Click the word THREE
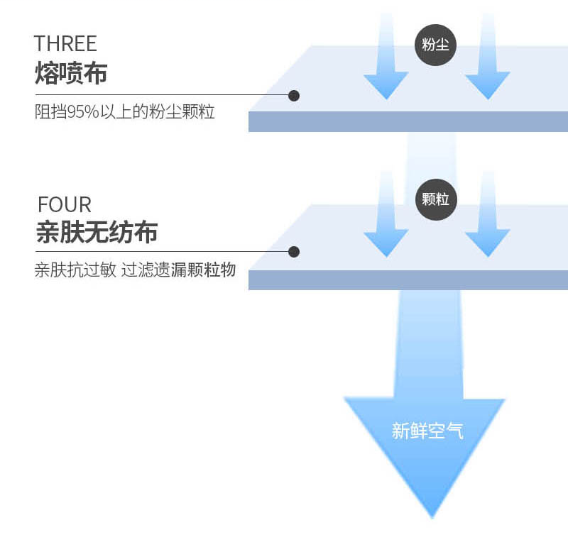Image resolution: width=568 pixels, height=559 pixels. [65, 43]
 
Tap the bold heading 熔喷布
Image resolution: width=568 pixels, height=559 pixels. [71, 73]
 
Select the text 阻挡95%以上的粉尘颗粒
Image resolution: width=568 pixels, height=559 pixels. [125, 111]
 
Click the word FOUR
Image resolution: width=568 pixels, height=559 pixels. [65, 204]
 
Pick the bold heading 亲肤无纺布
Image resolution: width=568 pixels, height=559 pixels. [97, 232]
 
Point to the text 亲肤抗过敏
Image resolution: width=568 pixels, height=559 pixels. [75, 270]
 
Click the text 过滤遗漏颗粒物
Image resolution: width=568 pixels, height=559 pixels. [178, 270]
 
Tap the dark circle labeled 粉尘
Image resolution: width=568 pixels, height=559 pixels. [435, 45]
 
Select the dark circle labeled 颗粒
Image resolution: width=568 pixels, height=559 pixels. [436, 199]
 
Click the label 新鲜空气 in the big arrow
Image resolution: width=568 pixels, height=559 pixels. [427, 431]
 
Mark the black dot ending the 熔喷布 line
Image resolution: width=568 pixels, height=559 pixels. [294, 96]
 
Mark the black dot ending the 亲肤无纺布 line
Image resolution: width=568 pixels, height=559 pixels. [294, 252]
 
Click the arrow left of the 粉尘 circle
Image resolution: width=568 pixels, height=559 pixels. [386, 56]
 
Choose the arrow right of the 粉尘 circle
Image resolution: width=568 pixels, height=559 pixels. [488, 56]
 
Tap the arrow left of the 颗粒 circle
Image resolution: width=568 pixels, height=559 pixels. [386, 214]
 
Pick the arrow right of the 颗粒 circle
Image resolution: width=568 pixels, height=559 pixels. [488, 214]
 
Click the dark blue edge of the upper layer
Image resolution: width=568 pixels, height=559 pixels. [408, 121]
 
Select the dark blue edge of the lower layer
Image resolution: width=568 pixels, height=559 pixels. [408, 280]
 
